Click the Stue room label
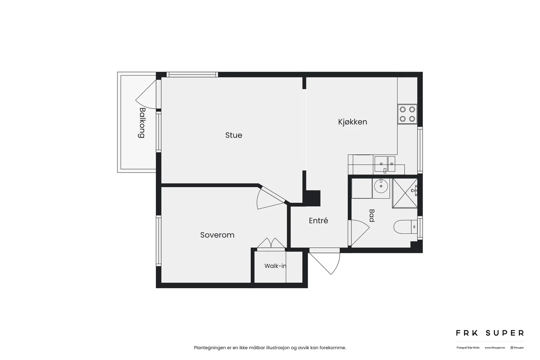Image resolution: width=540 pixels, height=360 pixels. (234, 135)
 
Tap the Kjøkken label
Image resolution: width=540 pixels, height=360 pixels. (352, 122)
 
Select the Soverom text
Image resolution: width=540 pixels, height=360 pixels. (217, 235)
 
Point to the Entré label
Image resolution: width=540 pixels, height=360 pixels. (319, 220)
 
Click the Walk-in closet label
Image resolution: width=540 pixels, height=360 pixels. (275, 266)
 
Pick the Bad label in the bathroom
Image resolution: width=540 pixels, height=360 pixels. (372, 215)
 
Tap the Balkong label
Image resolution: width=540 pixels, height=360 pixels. (142, 123)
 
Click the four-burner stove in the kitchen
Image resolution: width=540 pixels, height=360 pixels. (407, 114)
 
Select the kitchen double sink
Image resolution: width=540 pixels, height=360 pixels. (384, 164)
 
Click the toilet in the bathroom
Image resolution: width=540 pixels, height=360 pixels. (405, 227)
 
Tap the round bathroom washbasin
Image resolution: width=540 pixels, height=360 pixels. (381, 186)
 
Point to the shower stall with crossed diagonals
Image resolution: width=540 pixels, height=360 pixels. (405, 193)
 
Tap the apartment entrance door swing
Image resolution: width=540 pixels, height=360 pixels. (324, 264)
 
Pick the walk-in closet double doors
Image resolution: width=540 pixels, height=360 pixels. (271, 243)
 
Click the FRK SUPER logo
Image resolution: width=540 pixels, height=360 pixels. (490, 333)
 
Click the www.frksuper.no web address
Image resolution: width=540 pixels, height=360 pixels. (495, 348)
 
